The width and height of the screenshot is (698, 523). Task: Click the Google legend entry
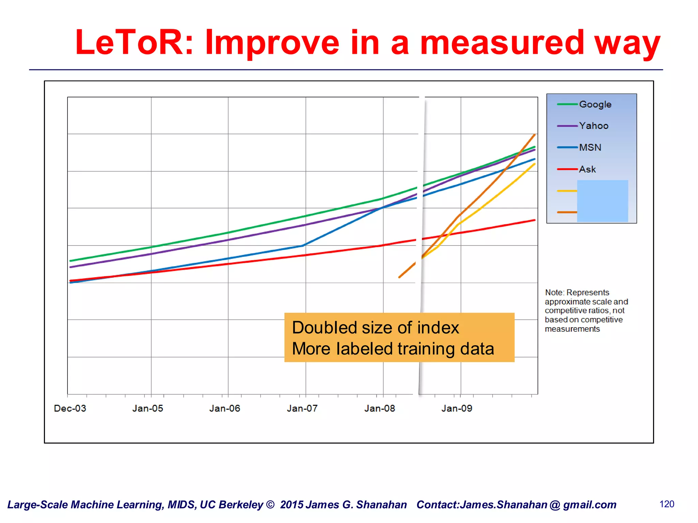click(x=595, y=104)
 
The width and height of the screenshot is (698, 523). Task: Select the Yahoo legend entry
click(x=593, y=126)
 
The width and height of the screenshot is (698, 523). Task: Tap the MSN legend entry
click(x=590, y=147)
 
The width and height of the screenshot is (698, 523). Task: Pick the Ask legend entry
click(x=587, y=169)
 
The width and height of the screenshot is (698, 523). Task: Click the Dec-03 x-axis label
click(x=70, y=408)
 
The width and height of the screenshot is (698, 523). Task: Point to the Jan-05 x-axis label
click(x=148, y=408)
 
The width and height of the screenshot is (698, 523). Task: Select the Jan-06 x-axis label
click(x=225, y=408)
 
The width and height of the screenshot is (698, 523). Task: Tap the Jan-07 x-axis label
click(x=302, y=408)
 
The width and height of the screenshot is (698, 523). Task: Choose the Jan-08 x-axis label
click(x=379, y=408)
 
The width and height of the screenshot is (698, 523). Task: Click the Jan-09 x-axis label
click(x=457, y=408)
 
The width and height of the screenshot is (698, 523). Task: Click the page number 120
click(x=667, y=504)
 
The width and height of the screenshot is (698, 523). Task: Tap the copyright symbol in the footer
click(x=270, y=505)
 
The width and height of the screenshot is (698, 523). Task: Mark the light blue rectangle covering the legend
click(x=602, y=201)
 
